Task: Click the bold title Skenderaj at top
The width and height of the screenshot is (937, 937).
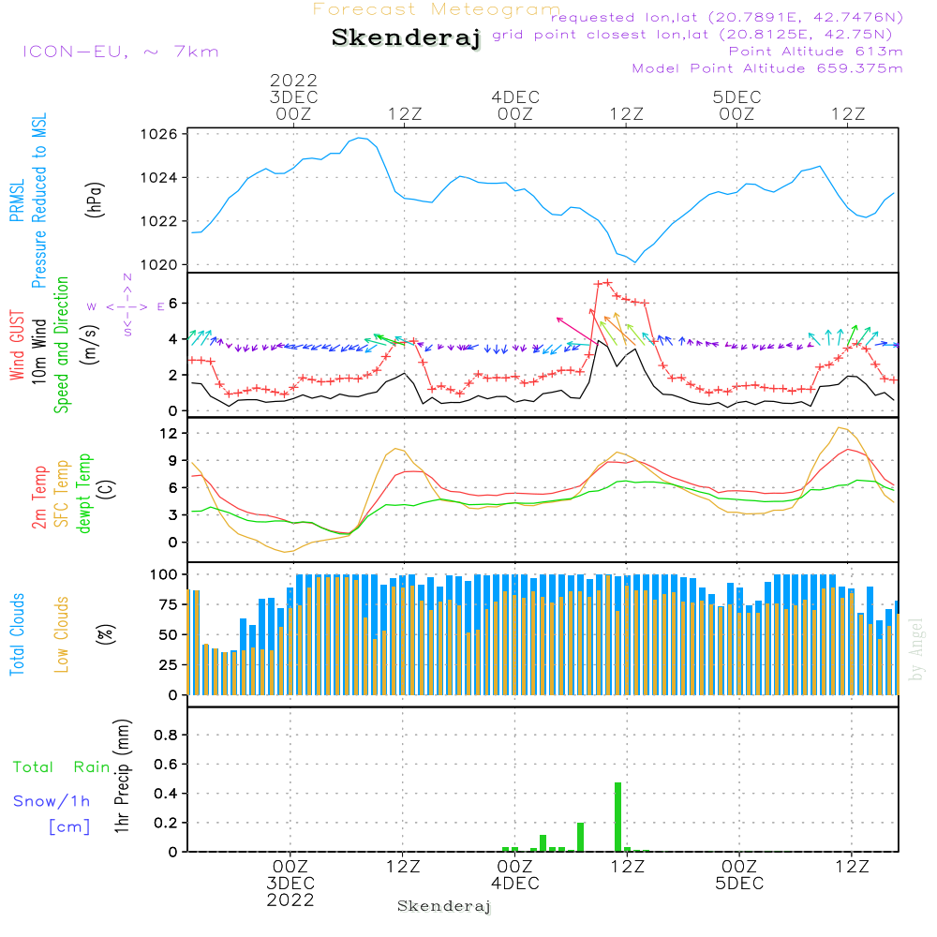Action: pos(406,37)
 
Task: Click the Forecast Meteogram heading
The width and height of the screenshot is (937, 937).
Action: pos(437,9)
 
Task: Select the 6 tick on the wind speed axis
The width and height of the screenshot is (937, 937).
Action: pos(171,303)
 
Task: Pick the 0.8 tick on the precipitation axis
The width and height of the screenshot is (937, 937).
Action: pos(166,735)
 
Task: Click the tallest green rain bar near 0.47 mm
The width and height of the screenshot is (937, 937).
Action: pos(617,816)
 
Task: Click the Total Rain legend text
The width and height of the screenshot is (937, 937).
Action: pos(62,767)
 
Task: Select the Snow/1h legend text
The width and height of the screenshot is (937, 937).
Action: pos(52,801)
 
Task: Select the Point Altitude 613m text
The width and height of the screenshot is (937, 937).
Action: pos(814,52)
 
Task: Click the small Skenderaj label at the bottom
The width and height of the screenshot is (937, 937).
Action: pos(444,906)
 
